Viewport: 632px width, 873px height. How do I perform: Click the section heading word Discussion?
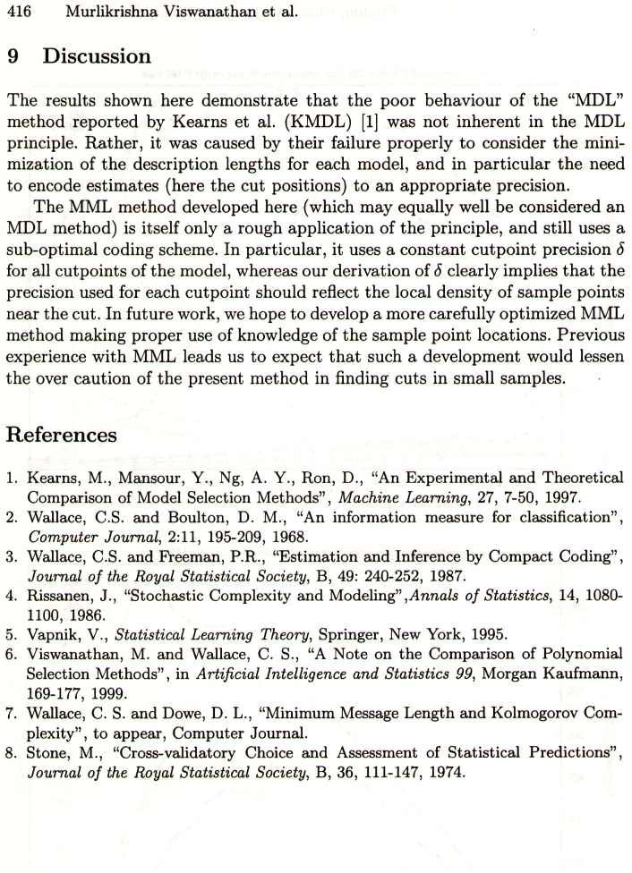pyautogui.click(x=98, y=56)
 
